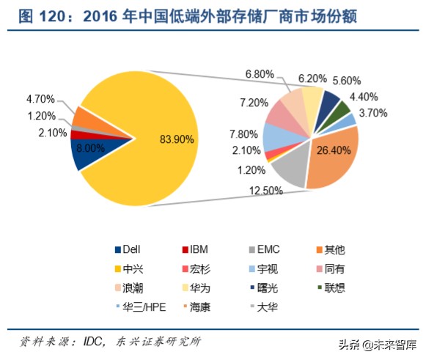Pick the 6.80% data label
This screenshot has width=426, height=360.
point(260,73)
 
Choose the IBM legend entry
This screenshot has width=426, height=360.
point(196,249)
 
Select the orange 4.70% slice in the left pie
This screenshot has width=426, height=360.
point(84,116)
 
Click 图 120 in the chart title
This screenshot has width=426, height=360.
point(40,16)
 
